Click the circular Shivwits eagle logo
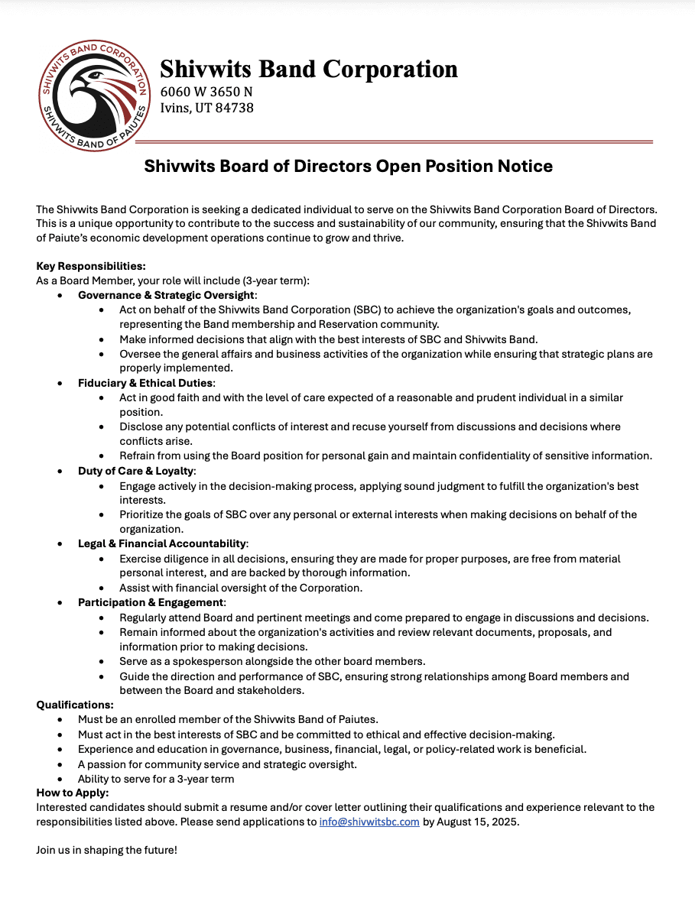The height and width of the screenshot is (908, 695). click(94, 96)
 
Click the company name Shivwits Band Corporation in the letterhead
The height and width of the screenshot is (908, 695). click(308, 69)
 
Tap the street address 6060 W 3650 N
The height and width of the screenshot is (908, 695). click(206, 92)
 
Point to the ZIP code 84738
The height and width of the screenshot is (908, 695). click(235, 108)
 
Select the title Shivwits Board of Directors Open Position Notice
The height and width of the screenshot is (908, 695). click(348, 166)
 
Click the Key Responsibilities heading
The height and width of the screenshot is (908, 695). click(90, 266)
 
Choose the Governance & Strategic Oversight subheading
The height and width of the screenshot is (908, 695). click(167, 295)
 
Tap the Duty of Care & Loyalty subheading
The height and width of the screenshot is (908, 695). click(136, 471)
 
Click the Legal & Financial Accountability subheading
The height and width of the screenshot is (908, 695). click(162, 543)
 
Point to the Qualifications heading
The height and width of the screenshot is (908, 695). click(75, 705)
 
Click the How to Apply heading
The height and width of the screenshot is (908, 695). click(73, 793)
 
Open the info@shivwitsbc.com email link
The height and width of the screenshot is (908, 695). click(369, 822)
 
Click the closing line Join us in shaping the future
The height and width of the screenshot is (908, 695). click(106, 850)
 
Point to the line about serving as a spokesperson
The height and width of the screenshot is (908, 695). click(272, 661)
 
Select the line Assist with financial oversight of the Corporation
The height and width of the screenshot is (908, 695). click(240, 588)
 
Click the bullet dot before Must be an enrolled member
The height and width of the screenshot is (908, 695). click(61, 719)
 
